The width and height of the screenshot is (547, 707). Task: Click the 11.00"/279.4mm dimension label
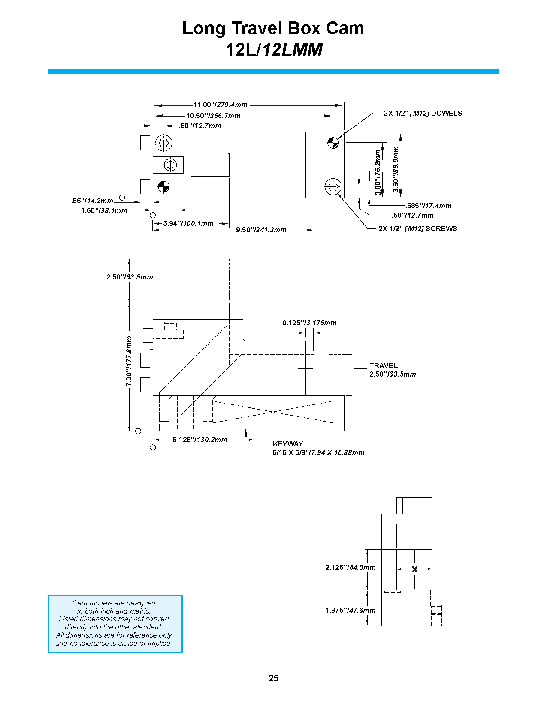(220, 105)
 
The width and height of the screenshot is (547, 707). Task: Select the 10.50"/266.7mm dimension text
(213, 116)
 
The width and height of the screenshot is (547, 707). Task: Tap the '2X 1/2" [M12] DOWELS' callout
(423, 114)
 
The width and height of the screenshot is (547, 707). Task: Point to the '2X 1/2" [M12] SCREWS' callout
(417, 229)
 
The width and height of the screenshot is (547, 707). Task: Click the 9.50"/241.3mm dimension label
(261, 230)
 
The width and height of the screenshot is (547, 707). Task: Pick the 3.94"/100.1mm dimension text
(188, 224)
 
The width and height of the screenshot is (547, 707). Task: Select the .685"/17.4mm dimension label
(428, 206)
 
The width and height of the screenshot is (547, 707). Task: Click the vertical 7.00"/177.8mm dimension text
(129, 361)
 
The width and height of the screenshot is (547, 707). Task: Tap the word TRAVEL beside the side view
(383, 365)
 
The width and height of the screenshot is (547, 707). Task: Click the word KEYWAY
(287, 444)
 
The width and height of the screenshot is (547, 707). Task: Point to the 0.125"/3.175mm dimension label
(309, 323)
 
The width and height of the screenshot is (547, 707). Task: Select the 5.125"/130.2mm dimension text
(199, 440)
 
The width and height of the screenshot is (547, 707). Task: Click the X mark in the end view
(414, 569)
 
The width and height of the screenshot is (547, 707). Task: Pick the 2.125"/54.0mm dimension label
(350, 568)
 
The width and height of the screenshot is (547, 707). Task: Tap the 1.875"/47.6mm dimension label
(350, 611)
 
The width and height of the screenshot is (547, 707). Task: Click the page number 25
(273, 678)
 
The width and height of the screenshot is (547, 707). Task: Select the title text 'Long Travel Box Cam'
(273, 28)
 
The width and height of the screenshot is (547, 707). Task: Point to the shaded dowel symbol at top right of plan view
(333, 143)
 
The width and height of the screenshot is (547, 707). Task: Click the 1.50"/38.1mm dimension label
(104, 211)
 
